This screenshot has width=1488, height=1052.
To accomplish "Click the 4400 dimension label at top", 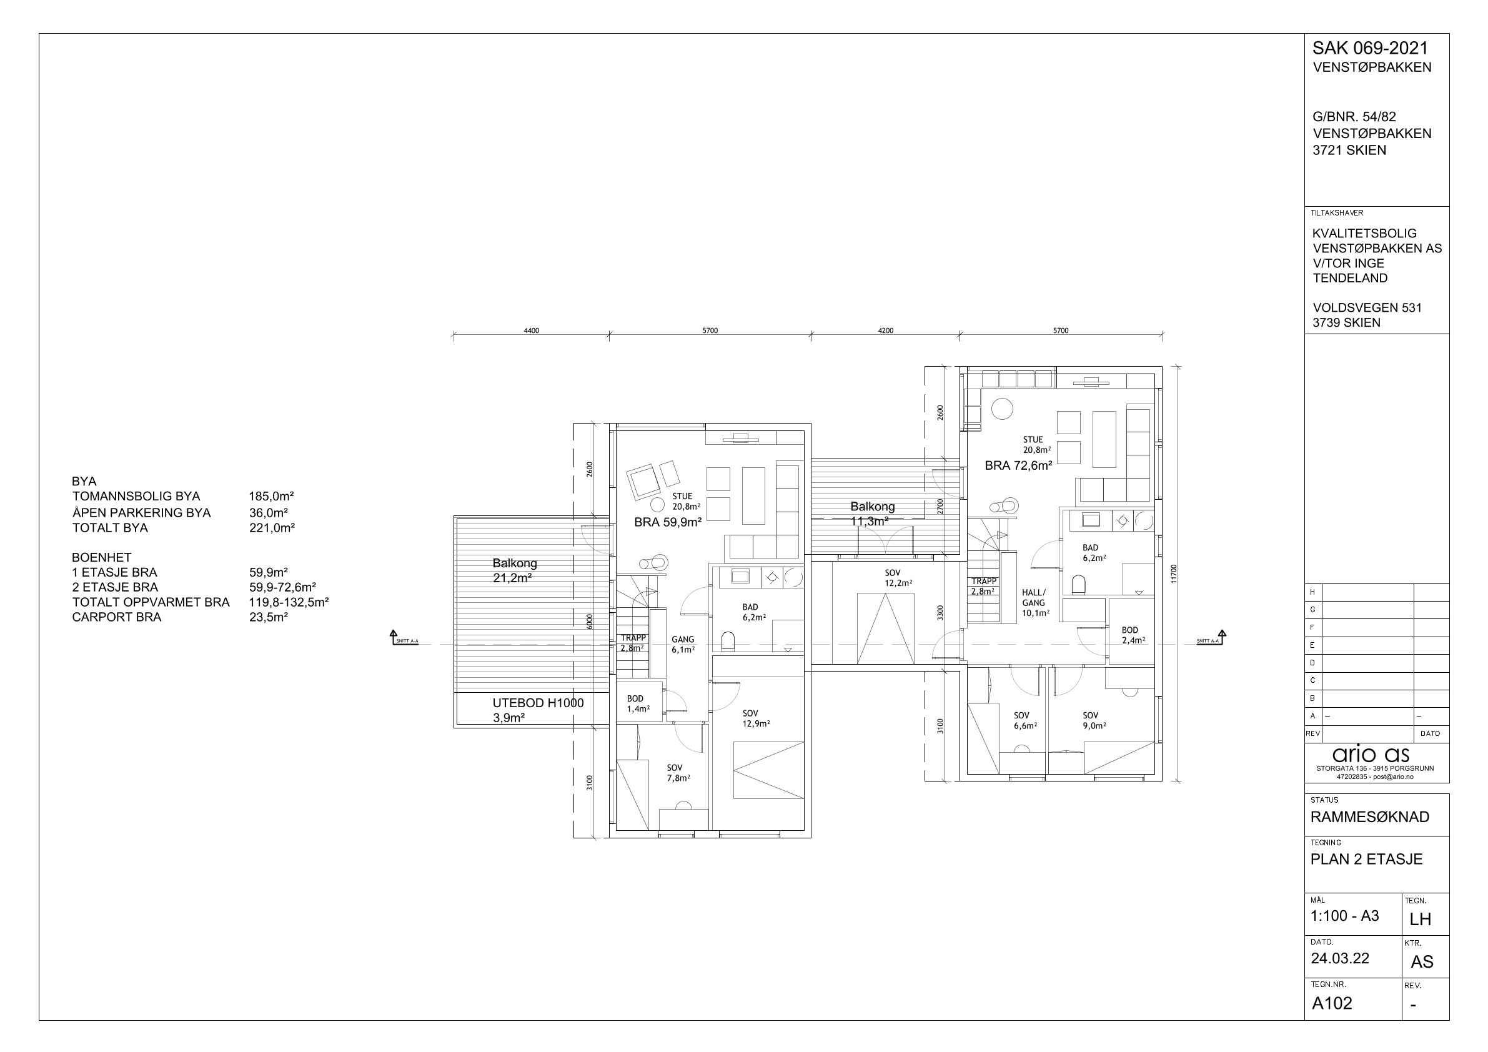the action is point(531,330).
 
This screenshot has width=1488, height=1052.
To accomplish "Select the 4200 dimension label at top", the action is point(885,330).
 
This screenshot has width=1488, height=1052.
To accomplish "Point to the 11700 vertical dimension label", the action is point(1174,573).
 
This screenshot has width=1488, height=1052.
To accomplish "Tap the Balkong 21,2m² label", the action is point(515,570).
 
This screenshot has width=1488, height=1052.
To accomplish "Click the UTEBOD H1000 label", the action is point(538,703).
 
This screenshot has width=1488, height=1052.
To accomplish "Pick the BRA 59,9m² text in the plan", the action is point(668,522).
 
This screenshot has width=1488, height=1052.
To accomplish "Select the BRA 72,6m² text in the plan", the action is point(1018,465).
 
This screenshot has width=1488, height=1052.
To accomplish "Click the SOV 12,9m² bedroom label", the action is point(756,718).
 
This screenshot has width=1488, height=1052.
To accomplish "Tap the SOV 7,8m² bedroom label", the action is point(678,773).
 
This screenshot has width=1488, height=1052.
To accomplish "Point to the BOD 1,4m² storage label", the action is point(637,703).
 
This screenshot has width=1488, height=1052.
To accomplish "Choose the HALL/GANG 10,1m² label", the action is point(1035,602).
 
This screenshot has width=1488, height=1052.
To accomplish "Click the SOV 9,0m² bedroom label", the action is point(1094,721).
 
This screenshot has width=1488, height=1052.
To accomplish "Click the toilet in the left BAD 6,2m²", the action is point(728,641).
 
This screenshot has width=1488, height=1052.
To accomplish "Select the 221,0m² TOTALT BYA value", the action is point(272,528).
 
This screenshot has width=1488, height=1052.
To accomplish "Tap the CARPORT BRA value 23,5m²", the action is point(269,617).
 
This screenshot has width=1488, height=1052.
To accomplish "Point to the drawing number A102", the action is point(1332,1003).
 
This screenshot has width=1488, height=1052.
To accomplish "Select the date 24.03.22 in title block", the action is point(1339,959).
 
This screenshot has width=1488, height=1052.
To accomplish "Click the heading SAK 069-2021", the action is point(1370,48).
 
